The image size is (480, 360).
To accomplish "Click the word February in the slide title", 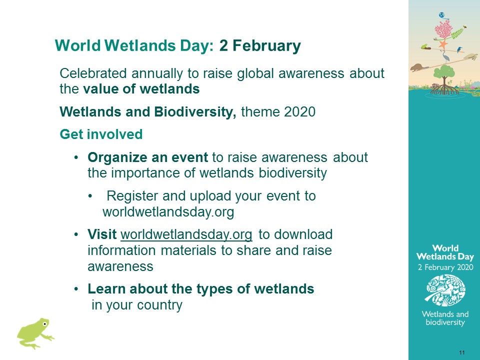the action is click(x=266, y=46).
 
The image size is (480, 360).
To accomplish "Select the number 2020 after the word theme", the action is click(x=299, y=111).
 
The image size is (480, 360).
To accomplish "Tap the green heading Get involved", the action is click(x=101, y=134).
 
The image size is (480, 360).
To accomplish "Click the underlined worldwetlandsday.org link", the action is click(x=186, y=234).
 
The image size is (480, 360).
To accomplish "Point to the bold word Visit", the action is click(x=102, y=234).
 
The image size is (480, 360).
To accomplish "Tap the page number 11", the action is click(x=462, y=352).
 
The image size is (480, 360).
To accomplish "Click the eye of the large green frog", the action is click(x=44, y=323).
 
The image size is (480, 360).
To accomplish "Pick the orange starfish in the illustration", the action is click(x=442, y=44).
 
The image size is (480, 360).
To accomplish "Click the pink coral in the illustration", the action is click(x=443, y=30).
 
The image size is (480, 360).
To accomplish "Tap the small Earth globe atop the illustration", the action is click(x=441, y=15).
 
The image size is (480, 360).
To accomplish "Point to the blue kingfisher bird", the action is click(x=459, y=49).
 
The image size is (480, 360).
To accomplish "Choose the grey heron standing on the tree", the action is click(x=446, y=56).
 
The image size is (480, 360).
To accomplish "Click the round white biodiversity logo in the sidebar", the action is click(x=445, y=290).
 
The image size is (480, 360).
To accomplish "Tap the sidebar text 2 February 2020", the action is click(x=445, y=267).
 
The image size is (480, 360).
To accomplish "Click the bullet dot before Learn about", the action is click(x=76, y=289).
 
